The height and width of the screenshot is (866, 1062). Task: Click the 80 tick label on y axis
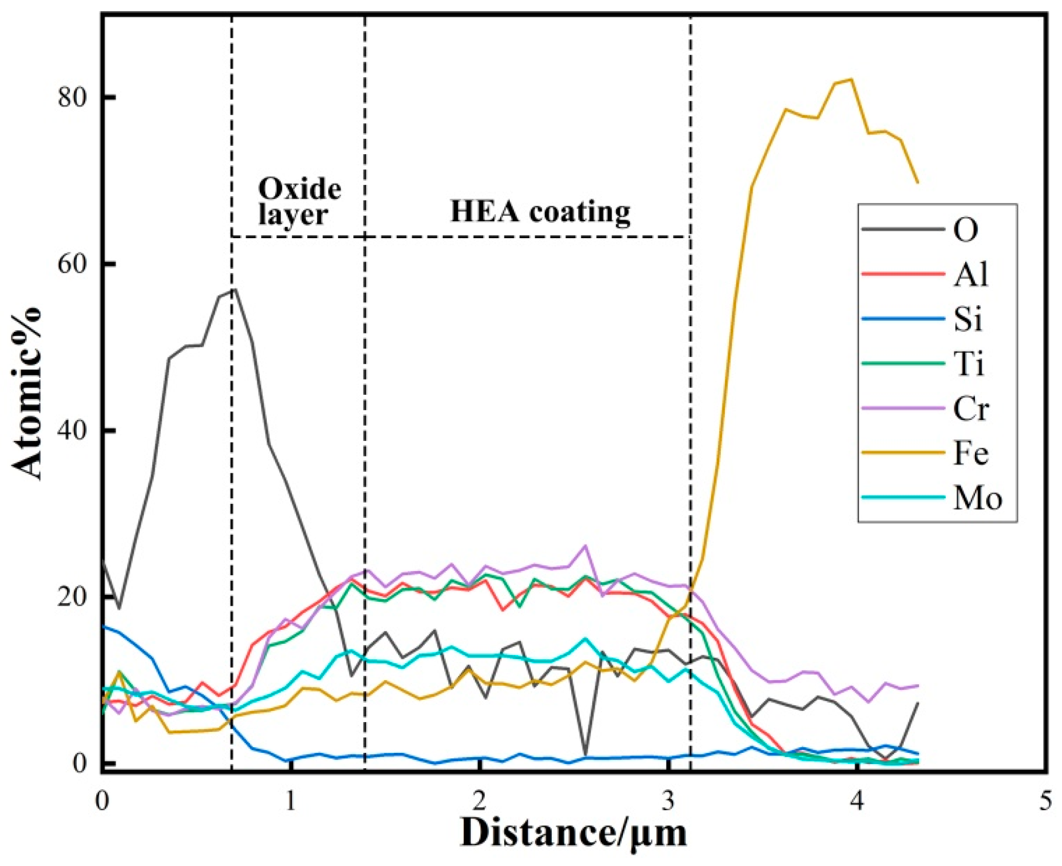tap(72, 97)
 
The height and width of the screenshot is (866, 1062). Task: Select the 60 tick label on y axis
tap(72, 264)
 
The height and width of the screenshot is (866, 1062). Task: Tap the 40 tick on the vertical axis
tap(72, 431)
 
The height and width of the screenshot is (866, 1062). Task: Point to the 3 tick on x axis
tap(668, 801)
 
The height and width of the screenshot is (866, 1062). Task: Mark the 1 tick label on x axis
tap(291, 801)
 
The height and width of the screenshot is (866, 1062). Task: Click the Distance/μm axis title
tap(574, 834)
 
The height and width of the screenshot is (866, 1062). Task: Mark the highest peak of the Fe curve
tap(851, 79)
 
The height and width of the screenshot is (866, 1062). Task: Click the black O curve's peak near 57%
tap(235, 289)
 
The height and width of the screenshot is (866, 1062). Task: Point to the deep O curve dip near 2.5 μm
tap(585, 754)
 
